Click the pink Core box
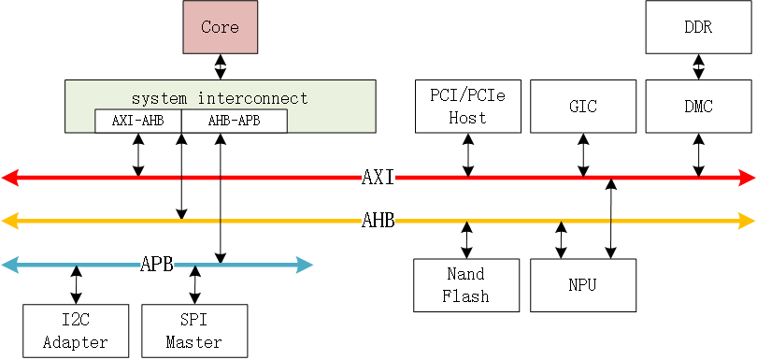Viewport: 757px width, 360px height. tap(220, 27)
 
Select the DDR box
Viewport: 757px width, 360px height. tap(698, 27)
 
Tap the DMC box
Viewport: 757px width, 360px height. tap(698, 106)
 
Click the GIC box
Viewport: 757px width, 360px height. tap(582, 106)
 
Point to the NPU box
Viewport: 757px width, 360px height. tap(582, 284)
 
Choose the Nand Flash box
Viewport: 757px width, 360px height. tap(466, 284)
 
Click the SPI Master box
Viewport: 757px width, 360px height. tap(194, 330)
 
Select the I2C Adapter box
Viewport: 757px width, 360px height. tap(76, 330)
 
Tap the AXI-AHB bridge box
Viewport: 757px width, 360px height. tap(138, 122)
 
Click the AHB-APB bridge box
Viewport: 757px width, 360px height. tap(233, 122)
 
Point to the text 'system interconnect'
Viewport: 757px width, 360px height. tap(220, 97)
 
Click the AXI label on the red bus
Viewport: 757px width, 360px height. tap(378, 177)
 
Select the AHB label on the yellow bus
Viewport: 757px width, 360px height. tap(378, 221)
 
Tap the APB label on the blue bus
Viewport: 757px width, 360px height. tap(157, 265)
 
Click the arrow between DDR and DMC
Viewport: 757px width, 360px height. tap(698, 66)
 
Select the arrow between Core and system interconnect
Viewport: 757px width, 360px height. tap(220, 66)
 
